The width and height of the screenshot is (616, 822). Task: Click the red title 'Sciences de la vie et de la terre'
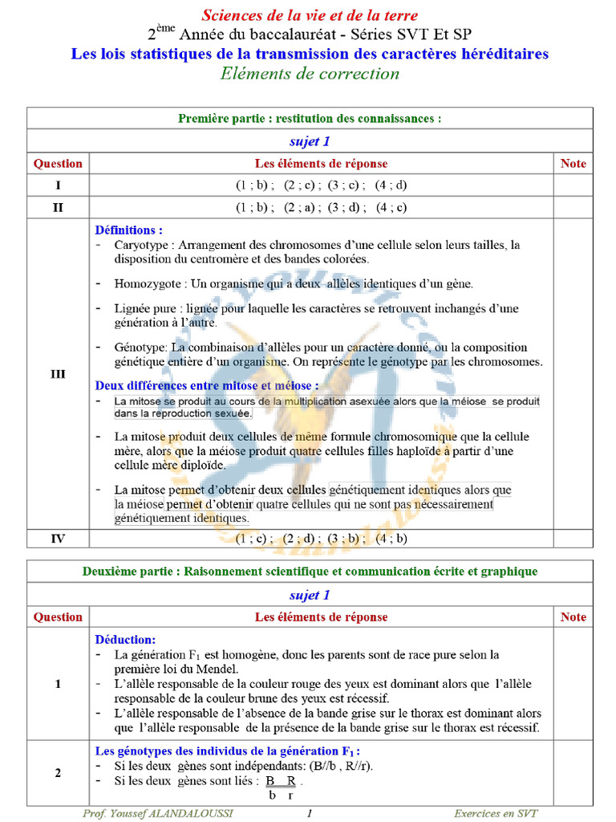pos(310,15)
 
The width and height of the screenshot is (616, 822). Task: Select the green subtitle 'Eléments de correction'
pos(310,74)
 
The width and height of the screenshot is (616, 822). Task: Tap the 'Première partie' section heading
pos(310,119)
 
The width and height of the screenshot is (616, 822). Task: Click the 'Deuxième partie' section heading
pos(310,572)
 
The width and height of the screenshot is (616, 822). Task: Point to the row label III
pos(58,374)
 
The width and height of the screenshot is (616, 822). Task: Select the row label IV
pos(58,539)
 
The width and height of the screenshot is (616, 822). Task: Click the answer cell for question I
pos(321,185)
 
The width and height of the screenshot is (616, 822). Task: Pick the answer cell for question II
pos(321,207)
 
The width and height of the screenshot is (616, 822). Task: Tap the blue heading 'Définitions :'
pos(128,230)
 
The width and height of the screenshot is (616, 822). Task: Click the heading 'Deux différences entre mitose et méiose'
pos(206,385)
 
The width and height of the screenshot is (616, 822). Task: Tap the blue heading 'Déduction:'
pos(125,640)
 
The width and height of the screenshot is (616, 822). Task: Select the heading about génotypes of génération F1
pos(227,751)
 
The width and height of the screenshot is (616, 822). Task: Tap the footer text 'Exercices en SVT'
pos(496,813)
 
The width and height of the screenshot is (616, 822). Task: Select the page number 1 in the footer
pos(310,813)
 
